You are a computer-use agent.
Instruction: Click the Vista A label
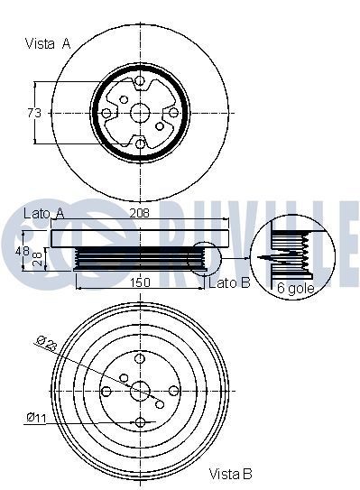47,42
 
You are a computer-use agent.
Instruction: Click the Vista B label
230,474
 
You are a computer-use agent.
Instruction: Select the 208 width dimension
140,214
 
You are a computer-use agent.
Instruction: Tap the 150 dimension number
139,283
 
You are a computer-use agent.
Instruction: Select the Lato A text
42,213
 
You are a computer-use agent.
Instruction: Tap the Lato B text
230,284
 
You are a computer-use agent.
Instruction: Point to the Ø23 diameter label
48,343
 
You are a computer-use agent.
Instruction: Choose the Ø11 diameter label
37,417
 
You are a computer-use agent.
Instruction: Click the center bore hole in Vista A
140,113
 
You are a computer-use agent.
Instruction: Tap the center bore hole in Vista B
140,391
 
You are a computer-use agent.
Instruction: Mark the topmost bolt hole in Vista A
140,82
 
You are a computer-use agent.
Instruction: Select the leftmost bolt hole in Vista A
107,113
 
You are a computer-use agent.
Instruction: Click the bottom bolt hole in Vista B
140,422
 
